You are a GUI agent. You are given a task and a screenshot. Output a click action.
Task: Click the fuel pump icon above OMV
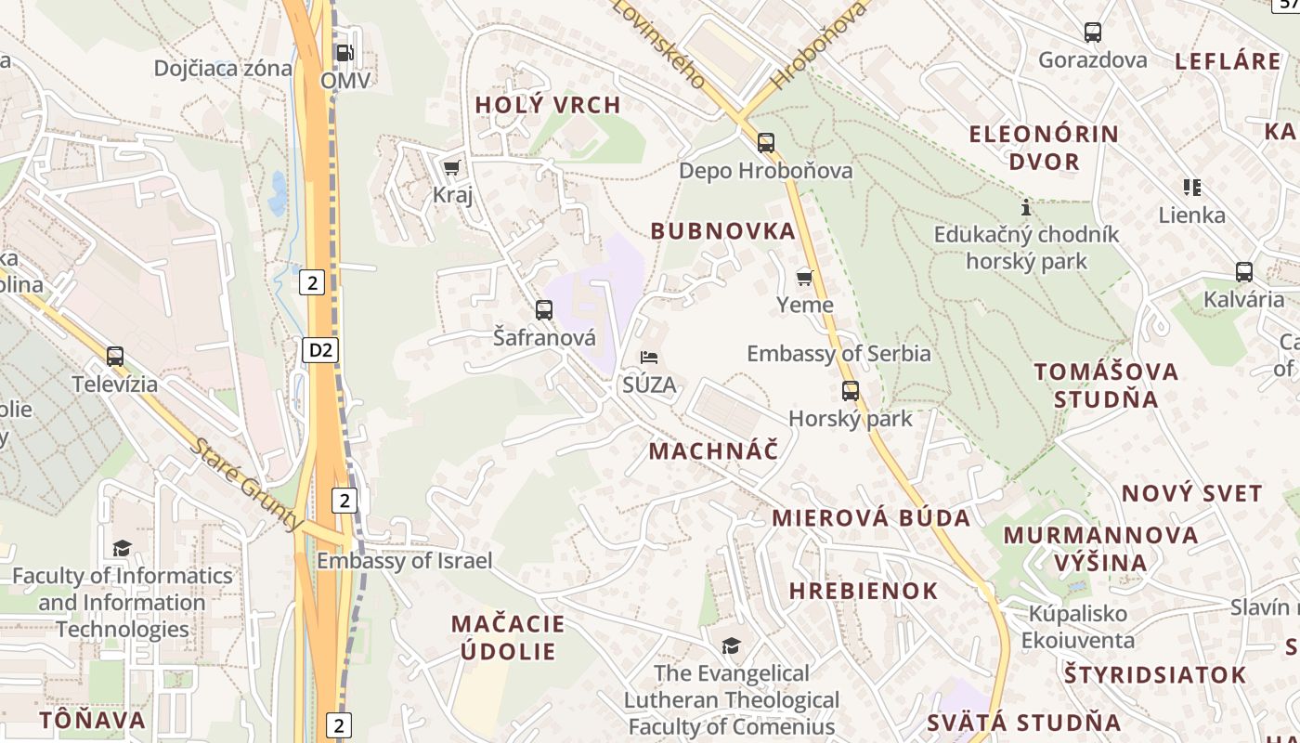coord(344,53)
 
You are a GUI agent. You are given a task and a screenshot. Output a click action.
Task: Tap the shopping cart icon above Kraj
coord(452,167)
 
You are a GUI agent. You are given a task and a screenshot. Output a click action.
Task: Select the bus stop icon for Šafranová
coord(544,309)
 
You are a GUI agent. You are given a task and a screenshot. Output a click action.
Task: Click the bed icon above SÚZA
coord(650,357)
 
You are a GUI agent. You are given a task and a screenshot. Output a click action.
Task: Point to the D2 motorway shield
coord(320,350)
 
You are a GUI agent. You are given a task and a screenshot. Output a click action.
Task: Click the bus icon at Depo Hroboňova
coord(766,142)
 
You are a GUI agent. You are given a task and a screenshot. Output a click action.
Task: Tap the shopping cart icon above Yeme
coord(805,277)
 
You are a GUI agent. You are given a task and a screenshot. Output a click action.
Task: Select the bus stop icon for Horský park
coord(851,390)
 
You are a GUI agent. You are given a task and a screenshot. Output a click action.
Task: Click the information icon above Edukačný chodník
coord(1026,206)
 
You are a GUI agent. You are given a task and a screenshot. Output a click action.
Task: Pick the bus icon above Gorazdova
coord(1093,33)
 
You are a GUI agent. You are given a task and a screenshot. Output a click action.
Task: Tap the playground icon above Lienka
coord(1192,188)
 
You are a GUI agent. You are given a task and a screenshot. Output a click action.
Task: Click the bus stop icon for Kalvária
coord(1244,272)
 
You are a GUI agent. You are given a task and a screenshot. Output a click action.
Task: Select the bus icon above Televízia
coord(115,356)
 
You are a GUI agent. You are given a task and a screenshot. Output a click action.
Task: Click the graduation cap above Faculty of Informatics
coord(122,548)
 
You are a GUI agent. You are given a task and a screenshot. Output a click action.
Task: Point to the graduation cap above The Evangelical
coord(732,645)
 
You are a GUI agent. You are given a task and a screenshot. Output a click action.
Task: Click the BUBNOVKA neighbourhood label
coord(723,231)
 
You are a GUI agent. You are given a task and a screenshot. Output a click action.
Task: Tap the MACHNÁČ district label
coord(713,451)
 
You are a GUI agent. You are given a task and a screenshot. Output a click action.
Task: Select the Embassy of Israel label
coord(405,561)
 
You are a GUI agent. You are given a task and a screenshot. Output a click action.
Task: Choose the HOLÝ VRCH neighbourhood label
coord(548,105)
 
